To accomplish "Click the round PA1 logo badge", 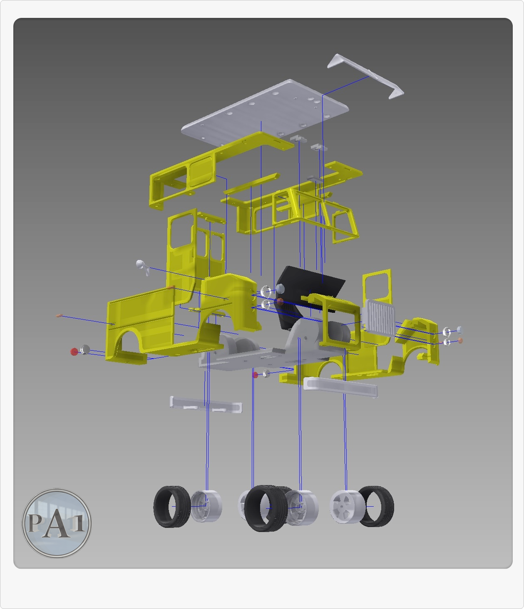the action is (x=56, y=523).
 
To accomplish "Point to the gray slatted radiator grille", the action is (x=378, y=318).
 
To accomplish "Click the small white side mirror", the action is (x=142, y=267).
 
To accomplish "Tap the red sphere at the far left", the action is (x=74, y=352).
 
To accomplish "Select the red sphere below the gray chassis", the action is (x=256, y=375).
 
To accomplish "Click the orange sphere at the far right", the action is (x=461, y=341).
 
